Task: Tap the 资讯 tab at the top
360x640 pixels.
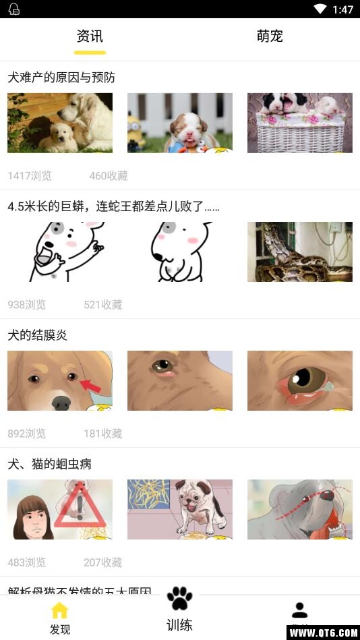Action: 90,36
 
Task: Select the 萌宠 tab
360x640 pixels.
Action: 270,36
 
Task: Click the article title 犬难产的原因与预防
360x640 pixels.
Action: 61,78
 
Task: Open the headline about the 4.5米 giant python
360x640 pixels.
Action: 113,206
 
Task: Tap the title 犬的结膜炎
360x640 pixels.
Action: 38,335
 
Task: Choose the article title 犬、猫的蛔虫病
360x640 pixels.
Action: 50,464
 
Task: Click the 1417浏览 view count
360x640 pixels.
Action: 30,176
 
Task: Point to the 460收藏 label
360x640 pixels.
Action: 109,176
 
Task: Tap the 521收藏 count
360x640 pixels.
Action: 103,305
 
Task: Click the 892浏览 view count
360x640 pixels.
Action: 27,434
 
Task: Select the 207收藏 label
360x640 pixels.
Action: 103,562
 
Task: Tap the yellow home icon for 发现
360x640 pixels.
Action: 60,610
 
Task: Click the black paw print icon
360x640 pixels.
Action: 179,598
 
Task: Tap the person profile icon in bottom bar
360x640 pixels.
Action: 300,610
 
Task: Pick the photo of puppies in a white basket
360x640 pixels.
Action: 300,123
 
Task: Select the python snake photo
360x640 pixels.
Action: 300,252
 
